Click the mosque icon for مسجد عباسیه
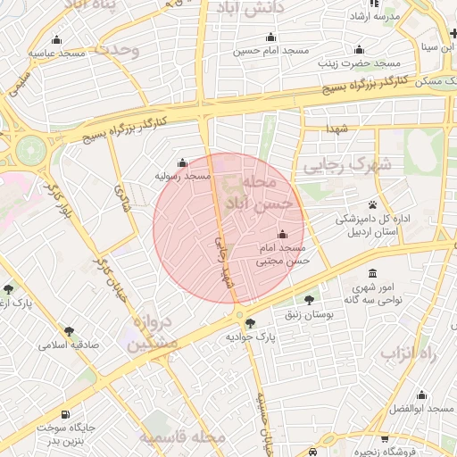point(57,39)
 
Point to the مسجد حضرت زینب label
point(361,64)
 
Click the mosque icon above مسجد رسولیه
point(183,162)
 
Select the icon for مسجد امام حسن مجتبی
point(283,235)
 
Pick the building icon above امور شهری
point(372,273)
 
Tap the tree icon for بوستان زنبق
point(310,301)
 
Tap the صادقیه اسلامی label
point(64,345)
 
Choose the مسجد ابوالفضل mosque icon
point(422,395)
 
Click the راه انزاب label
point(412,353)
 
